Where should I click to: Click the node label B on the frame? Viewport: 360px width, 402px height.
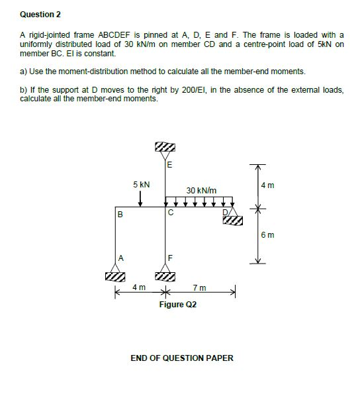120,214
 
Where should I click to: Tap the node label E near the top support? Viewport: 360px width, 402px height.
169,165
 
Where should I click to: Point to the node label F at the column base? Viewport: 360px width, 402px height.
170,258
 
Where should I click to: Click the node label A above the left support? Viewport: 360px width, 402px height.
120,258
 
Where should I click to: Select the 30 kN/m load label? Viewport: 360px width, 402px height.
201,190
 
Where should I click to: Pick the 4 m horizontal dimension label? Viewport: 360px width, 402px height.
139,287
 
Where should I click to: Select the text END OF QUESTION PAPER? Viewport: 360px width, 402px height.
182,358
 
